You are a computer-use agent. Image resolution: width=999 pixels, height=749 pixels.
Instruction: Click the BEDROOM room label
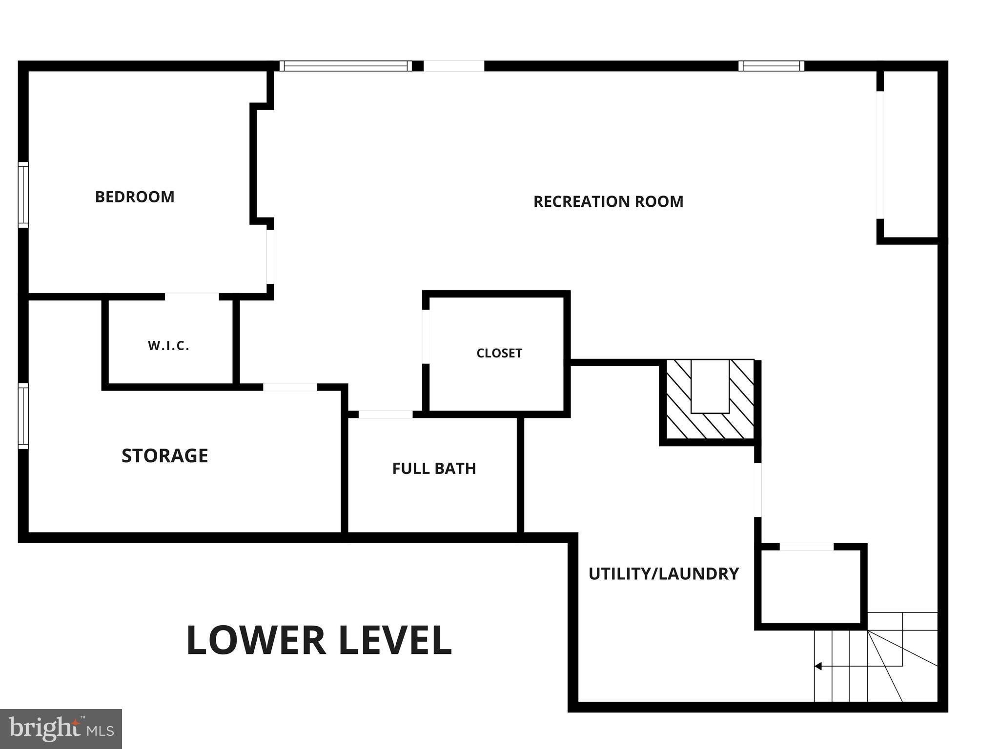point(135,197)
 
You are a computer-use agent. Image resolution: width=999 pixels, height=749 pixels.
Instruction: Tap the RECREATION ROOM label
point(608,201)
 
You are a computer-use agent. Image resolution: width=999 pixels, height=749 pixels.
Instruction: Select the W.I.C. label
point(168,346)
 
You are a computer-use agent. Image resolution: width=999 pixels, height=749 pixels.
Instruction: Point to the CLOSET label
point(499,353)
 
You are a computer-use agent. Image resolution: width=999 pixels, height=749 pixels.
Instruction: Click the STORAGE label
point(165,456)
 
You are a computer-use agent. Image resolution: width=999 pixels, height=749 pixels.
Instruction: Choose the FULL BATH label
point(434,469)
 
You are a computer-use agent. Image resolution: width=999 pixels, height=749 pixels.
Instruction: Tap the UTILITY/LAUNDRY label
point(664,574)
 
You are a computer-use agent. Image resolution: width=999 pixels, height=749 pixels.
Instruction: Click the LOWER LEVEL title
point(319,640)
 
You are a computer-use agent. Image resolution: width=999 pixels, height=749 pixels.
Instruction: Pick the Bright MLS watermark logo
point(61,729)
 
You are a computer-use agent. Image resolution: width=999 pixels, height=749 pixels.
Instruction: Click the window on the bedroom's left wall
point(23,195)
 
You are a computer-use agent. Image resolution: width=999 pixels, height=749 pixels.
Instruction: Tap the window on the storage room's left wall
point(23,416)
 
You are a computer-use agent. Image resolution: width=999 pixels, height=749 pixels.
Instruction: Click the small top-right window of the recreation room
point(771,66)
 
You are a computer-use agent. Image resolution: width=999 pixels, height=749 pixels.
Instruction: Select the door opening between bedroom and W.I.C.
point(192,296)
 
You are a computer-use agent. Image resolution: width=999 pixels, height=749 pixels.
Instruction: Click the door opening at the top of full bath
point(386,414)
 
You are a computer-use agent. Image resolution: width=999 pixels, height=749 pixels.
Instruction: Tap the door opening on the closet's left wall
point(426,336)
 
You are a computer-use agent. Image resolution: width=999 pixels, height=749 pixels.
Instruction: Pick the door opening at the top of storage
point(290,387)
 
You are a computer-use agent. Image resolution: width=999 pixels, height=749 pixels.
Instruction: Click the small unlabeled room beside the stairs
point(811,587)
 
